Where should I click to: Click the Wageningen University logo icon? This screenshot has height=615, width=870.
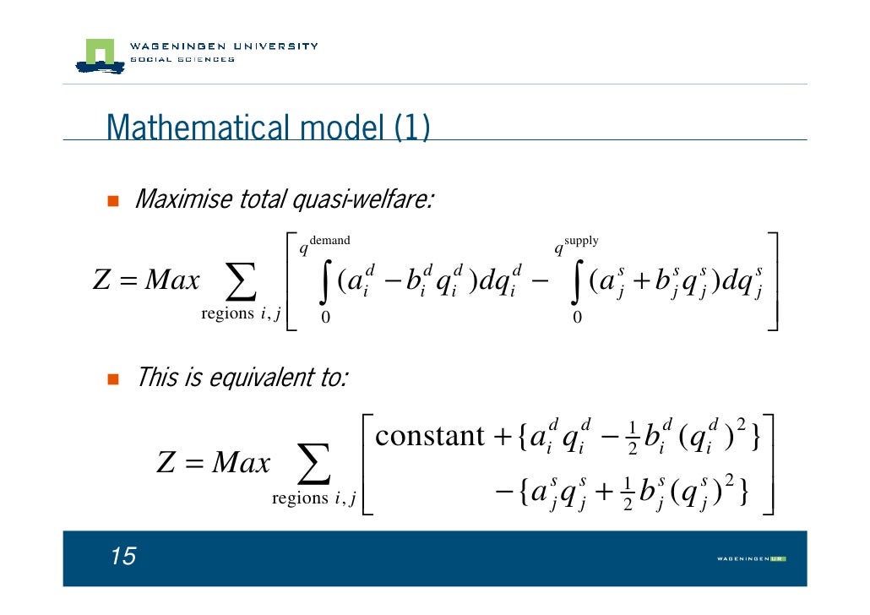click(99, 54)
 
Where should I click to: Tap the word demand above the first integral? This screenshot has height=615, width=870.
click(330, 242)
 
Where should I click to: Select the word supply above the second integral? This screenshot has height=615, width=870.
click(581, 242)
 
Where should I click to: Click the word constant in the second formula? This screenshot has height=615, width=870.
click(429, 436)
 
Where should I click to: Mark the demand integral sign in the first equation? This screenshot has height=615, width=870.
click(325, 280)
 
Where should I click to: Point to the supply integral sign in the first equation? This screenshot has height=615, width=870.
click(577, 280)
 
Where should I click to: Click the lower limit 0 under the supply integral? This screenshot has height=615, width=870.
click(577, 318)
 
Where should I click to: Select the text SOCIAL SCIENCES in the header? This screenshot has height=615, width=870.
click(182, 59)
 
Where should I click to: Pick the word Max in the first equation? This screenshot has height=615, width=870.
click(172, 280)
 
